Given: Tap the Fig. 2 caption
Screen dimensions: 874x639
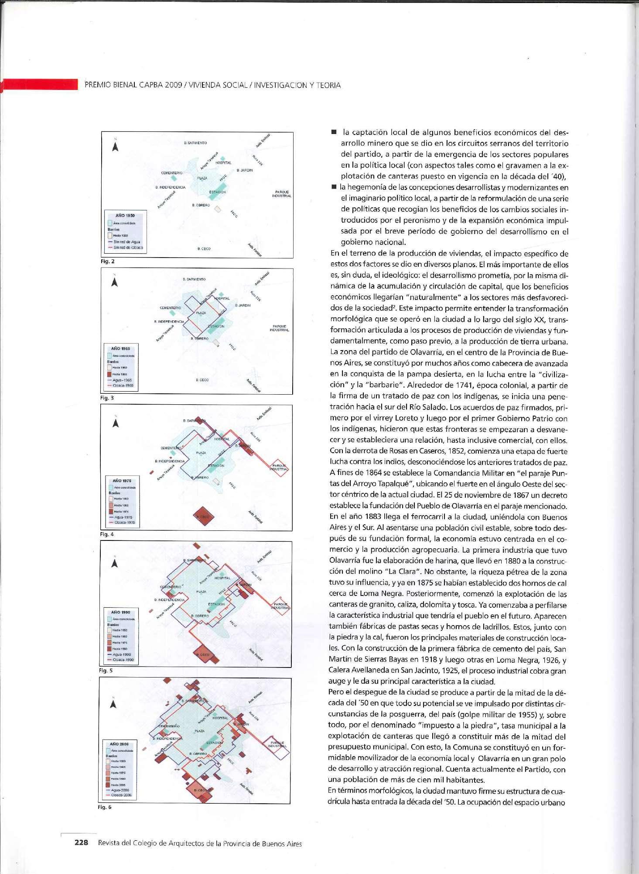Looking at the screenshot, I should pos(107,262).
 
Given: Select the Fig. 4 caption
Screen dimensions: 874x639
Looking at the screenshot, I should pos(106,534).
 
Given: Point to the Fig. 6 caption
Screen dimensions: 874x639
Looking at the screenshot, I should pos(105,807).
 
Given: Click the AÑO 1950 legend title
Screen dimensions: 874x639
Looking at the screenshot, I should pos(125,216).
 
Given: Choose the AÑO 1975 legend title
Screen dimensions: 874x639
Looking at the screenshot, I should pos(122,481).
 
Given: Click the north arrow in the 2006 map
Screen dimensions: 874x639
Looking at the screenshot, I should pos(113,704).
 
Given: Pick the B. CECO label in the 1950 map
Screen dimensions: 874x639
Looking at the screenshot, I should pos(204,249).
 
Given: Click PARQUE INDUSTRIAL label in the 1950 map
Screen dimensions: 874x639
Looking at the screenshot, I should pos(281,194).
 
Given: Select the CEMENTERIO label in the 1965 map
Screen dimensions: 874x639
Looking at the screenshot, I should pos(170,308).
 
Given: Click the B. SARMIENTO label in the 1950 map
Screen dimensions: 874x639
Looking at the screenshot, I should pos(195,143).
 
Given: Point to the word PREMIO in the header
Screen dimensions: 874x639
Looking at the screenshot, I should pos(97,85).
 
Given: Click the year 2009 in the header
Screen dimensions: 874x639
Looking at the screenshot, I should pos(173,85).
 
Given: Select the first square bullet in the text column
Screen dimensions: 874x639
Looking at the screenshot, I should pos(334,132).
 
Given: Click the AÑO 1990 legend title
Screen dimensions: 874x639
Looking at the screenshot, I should pos(120,612).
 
